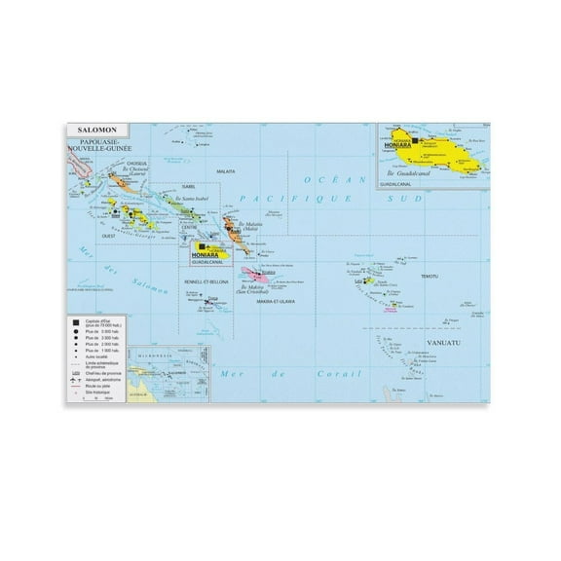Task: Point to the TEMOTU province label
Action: (428, 276)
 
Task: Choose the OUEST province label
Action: (110, 237)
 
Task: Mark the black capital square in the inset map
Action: (415, 142)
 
